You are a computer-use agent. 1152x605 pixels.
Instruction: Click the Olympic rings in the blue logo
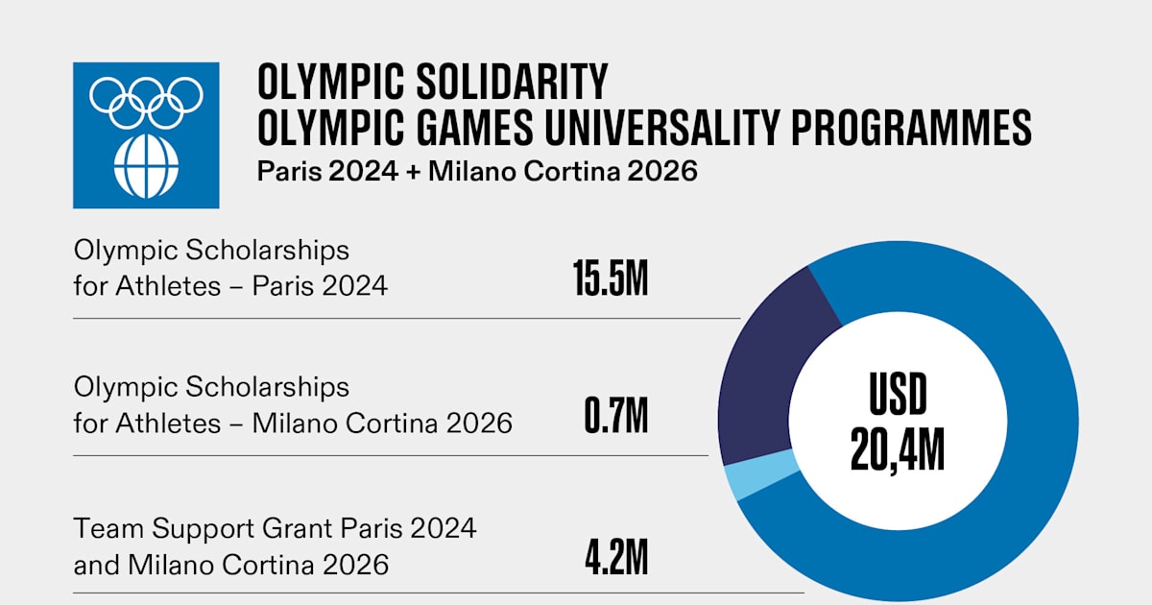pos(146,101)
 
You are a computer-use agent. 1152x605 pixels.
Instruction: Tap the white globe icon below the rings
pos(146,169)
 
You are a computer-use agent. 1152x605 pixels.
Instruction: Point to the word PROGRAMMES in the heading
pos(912,127)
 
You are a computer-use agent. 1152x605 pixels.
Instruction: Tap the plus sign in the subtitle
pos(413,173)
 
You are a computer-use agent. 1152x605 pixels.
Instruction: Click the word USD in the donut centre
pos(899,394)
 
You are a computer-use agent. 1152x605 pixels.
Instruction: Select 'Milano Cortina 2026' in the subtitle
pos(563,173)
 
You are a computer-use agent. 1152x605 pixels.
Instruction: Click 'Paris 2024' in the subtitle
pos(326,173)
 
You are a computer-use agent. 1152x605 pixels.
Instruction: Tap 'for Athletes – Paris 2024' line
pos(230,285)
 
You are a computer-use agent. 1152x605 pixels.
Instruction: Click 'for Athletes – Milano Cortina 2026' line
pos(293,423)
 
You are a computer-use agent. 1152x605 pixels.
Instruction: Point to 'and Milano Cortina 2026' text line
pos(231,565)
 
